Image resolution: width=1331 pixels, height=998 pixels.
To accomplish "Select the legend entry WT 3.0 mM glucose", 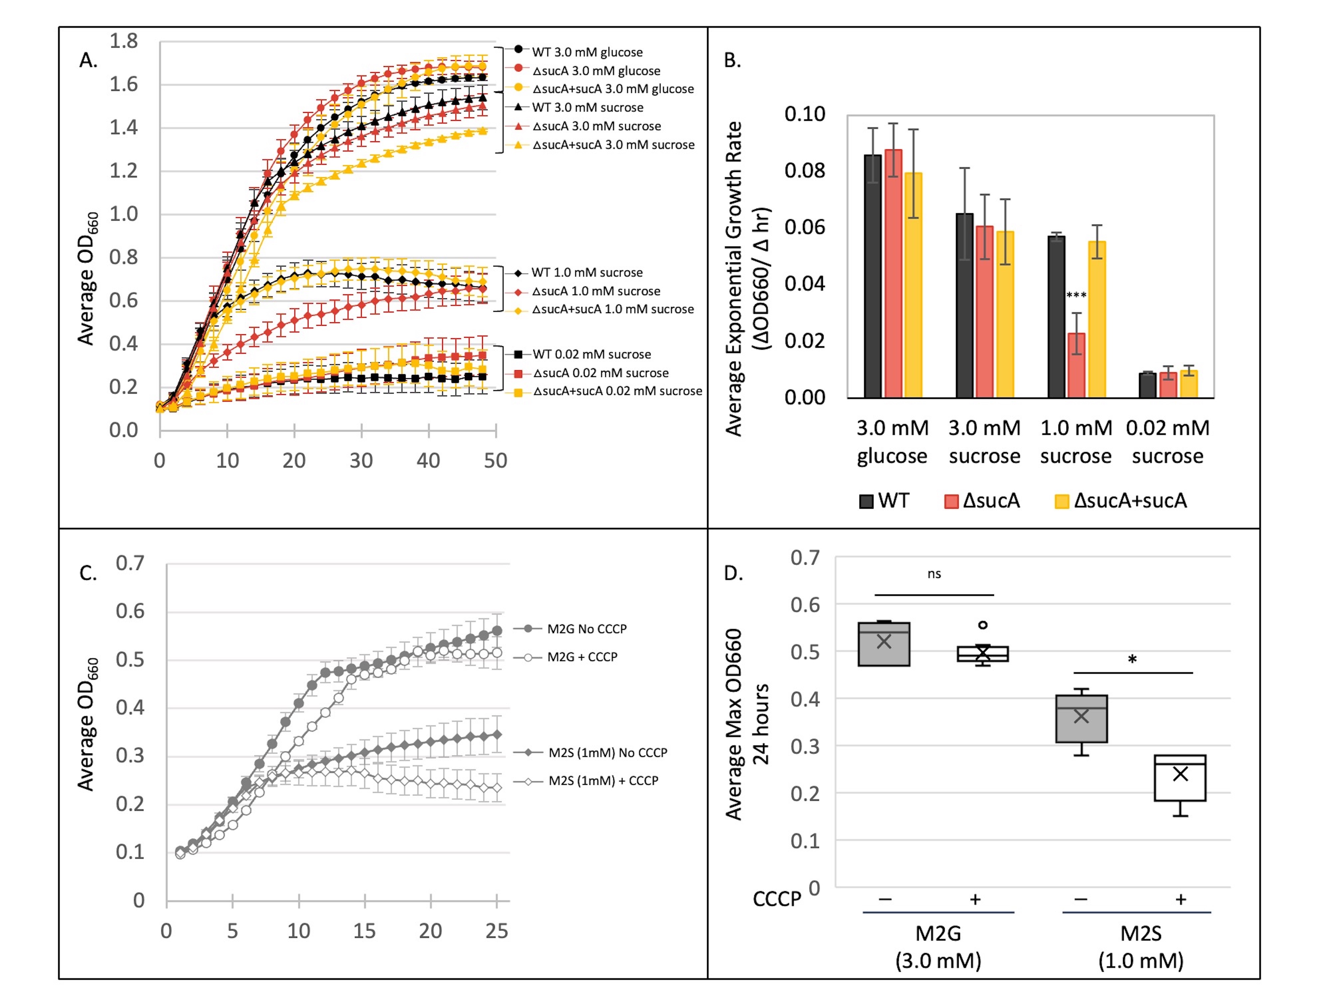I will point(587,52).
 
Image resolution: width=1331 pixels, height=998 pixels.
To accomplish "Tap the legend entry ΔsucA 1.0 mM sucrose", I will point(596,291).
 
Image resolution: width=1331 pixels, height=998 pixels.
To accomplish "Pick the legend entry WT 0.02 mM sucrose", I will point(592,354).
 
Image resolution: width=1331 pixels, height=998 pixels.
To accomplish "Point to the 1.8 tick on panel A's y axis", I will point(123,41).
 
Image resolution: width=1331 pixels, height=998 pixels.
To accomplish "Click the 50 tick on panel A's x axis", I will point(495,461).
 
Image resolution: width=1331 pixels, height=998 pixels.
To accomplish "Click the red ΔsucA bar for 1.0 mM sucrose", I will point(1076,365).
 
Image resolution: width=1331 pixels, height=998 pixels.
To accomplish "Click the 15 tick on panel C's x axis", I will point(364,930).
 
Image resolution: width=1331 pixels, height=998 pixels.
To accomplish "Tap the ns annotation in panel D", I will point(934,574).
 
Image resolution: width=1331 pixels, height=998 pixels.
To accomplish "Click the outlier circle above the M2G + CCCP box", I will point(983,625).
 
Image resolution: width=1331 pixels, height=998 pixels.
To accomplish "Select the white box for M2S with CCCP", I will point(1180,778).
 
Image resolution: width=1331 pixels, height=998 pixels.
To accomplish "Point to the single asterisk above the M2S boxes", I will point(1132,659).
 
